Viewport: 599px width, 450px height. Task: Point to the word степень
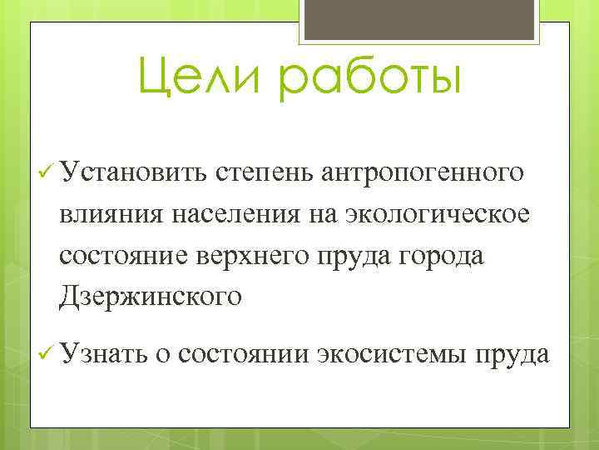263,173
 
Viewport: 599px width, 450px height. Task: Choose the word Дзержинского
151,296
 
